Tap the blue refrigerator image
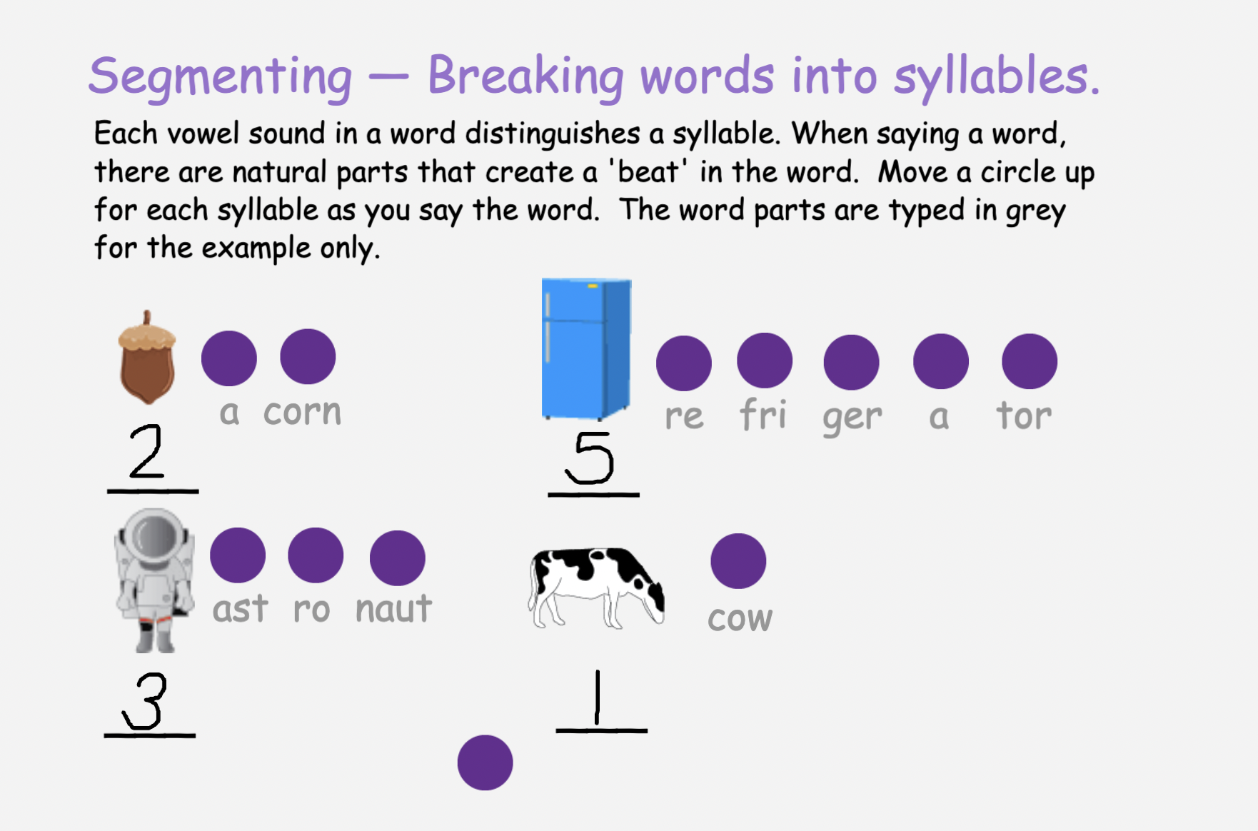click(x=586, y=348)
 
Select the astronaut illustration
click(x=155, y=580)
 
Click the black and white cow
click(x=597, y=588)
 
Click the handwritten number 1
click(x=598, y=697)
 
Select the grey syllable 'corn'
click(x=303, y=412)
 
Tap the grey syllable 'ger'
click(x=852, y=418)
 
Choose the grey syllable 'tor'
click(x=1024, y=415)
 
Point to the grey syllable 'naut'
click(x=394, y=609)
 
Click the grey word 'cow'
click(x=740, y=618)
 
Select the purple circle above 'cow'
click(x=738, y=561)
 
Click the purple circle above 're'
click(x=684, y=363)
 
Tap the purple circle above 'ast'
click(x=238, y=555)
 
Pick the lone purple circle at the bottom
click(x=485, y=762)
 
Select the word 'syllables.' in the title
click(x=997, y=76)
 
